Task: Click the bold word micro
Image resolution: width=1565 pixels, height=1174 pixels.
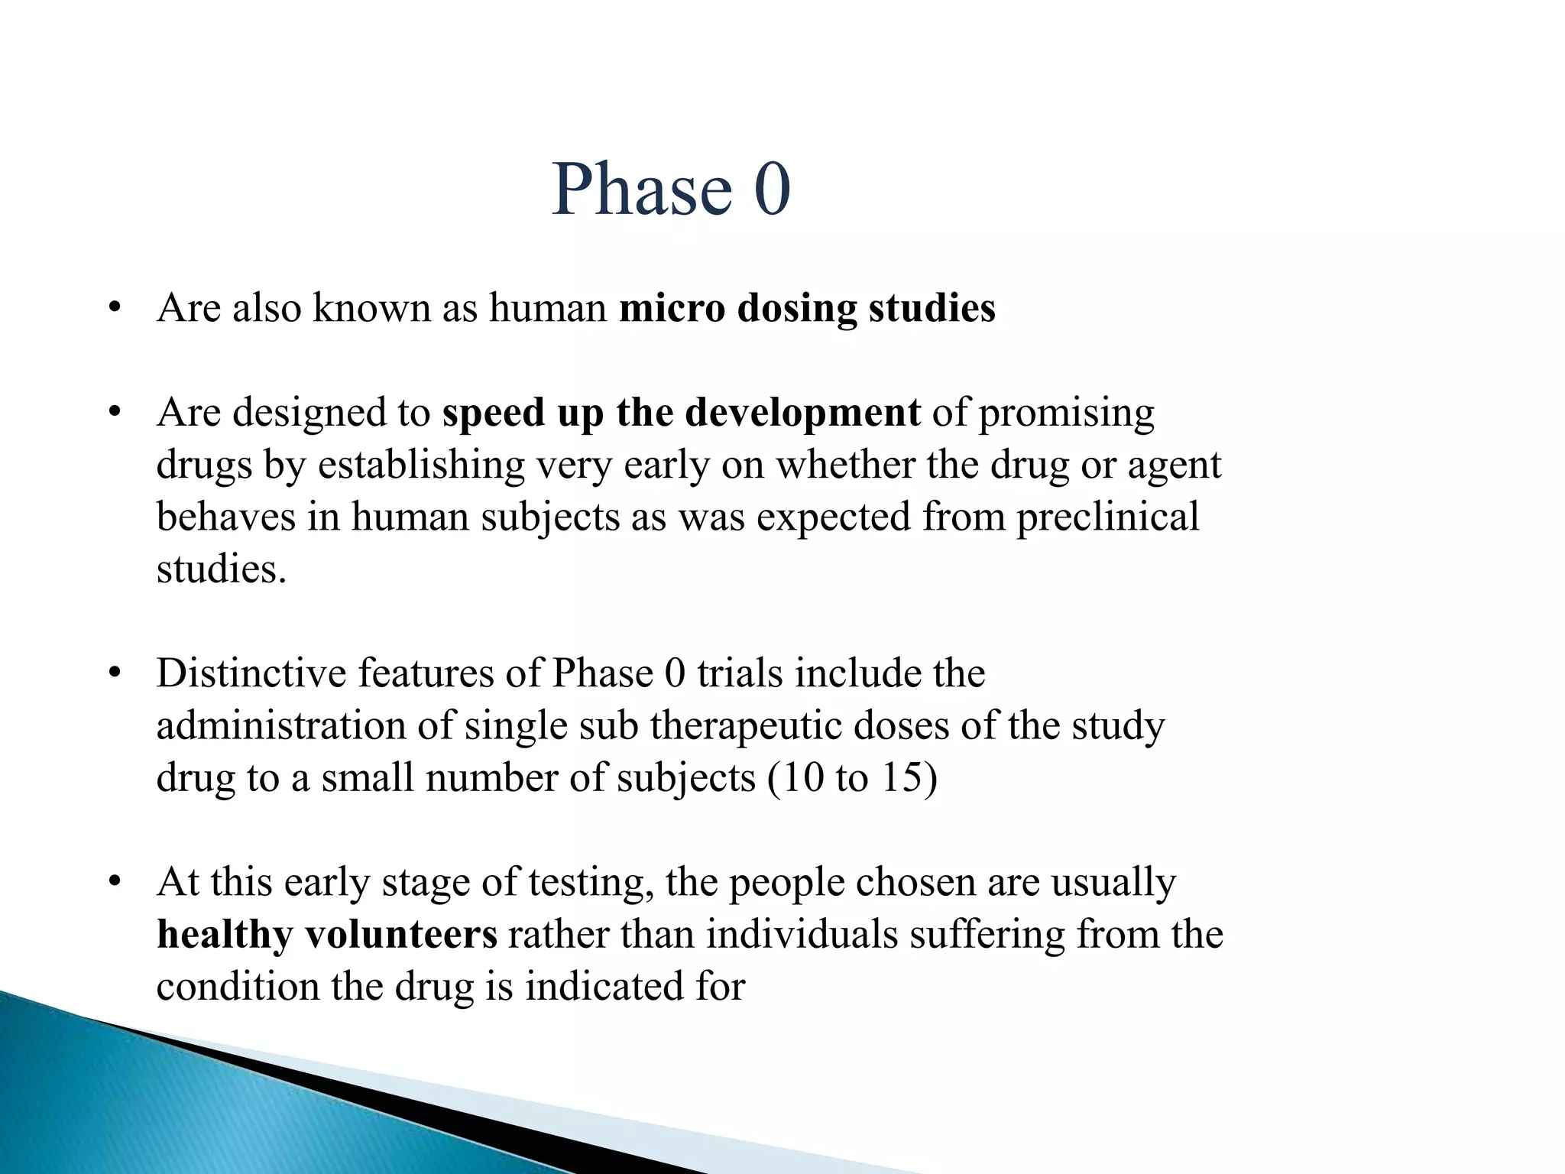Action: click(672, 308)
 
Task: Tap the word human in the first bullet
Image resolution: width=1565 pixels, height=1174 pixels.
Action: click(548, 308)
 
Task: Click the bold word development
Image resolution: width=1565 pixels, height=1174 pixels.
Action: click(802, 413)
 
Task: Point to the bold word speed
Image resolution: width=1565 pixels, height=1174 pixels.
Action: click(494, 413)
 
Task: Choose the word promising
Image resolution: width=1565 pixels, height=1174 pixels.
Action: click(1066, 413)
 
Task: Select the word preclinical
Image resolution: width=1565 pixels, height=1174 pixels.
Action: click(1107, 517)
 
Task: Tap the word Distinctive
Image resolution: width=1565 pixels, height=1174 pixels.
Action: click(251, 673)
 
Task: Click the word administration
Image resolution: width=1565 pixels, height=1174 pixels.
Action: click(280, 725)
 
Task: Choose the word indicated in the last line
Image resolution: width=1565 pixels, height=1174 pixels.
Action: click(604, 986)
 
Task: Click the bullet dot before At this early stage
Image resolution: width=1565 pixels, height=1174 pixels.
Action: click(115, 882)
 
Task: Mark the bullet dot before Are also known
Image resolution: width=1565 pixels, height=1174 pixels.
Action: click(115, 309)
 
